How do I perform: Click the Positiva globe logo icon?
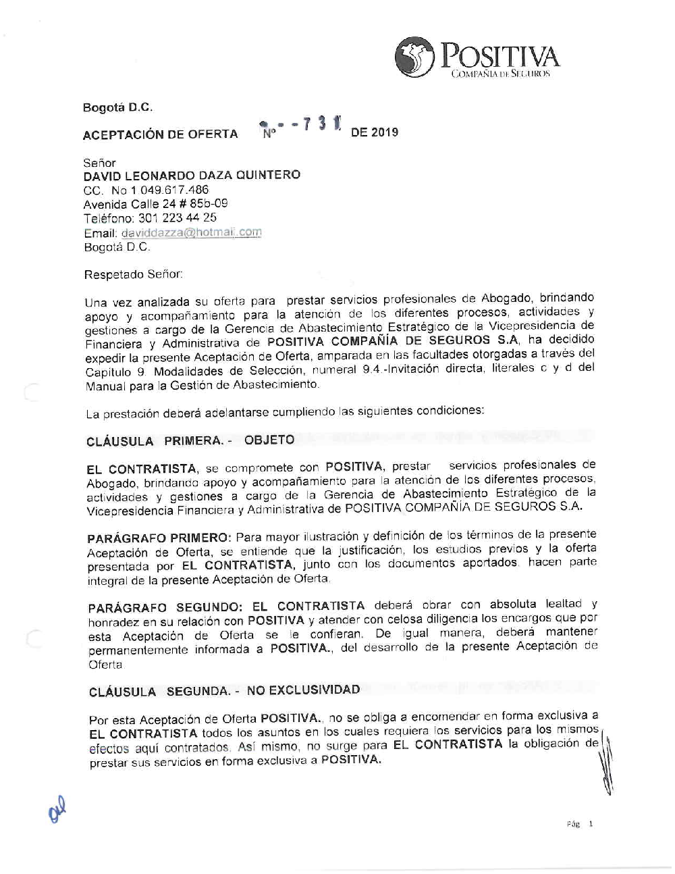point(414,57)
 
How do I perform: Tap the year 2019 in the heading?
point(385,132)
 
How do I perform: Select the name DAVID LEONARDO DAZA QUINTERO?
point(192,175)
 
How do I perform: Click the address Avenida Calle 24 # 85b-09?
point(155,204)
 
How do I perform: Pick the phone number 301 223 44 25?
point(178,218)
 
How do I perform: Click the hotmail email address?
point(191,232)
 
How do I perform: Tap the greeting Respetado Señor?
point(133,275)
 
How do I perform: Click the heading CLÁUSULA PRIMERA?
point(159,441)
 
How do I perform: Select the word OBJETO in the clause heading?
point(269,440)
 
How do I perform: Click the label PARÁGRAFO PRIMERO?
point(159,538)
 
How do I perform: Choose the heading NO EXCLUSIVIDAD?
point(303,690)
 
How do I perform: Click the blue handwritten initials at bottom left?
point(57,808)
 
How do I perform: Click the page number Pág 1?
point(580,824)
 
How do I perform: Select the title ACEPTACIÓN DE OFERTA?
point(160,134)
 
